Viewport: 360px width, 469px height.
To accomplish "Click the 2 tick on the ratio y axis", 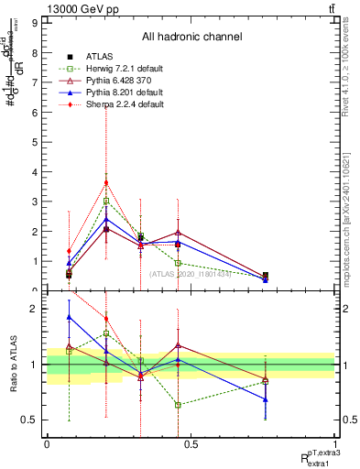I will [x=35, y=309].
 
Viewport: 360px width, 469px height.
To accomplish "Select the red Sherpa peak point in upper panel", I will [x=106, y=182].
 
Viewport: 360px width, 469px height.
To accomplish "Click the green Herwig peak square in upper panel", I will [x=106, y=201].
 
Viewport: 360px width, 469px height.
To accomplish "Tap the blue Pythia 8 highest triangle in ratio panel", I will [x=70, y=317].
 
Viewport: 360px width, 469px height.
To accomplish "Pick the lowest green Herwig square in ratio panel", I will [x=179, y=405].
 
